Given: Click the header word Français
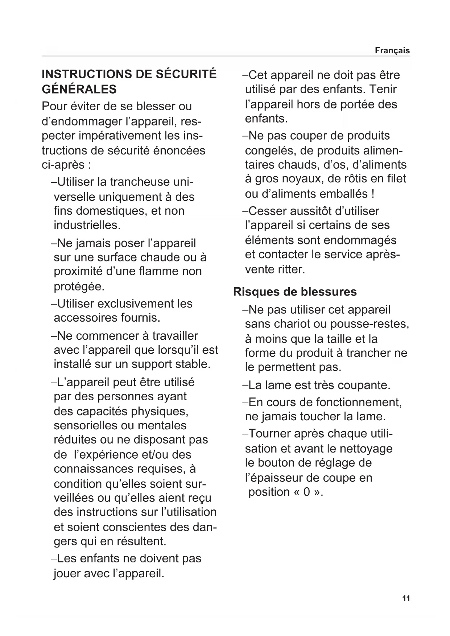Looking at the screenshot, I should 392,51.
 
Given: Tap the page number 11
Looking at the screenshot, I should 406,599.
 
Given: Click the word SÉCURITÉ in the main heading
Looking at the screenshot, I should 186,74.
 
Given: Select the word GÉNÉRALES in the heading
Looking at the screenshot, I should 79,89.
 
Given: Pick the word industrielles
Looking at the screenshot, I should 87,225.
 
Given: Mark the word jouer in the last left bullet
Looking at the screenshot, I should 67,574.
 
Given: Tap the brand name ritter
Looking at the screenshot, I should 292,269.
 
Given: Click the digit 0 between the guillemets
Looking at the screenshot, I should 307,492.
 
